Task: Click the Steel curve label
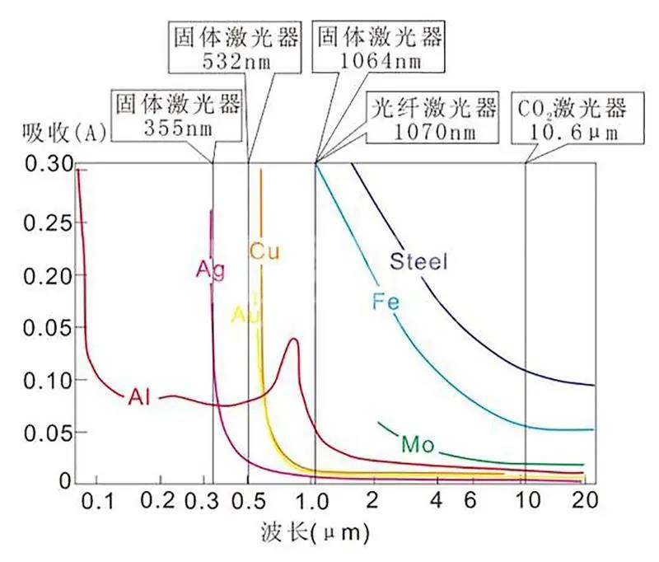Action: point(418,263)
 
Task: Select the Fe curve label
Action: point(386,302)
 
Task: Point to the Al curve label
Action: point(139,397)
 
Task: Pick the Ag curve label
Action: point(210,270)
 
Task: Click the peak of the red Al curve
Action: point(293,339)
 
